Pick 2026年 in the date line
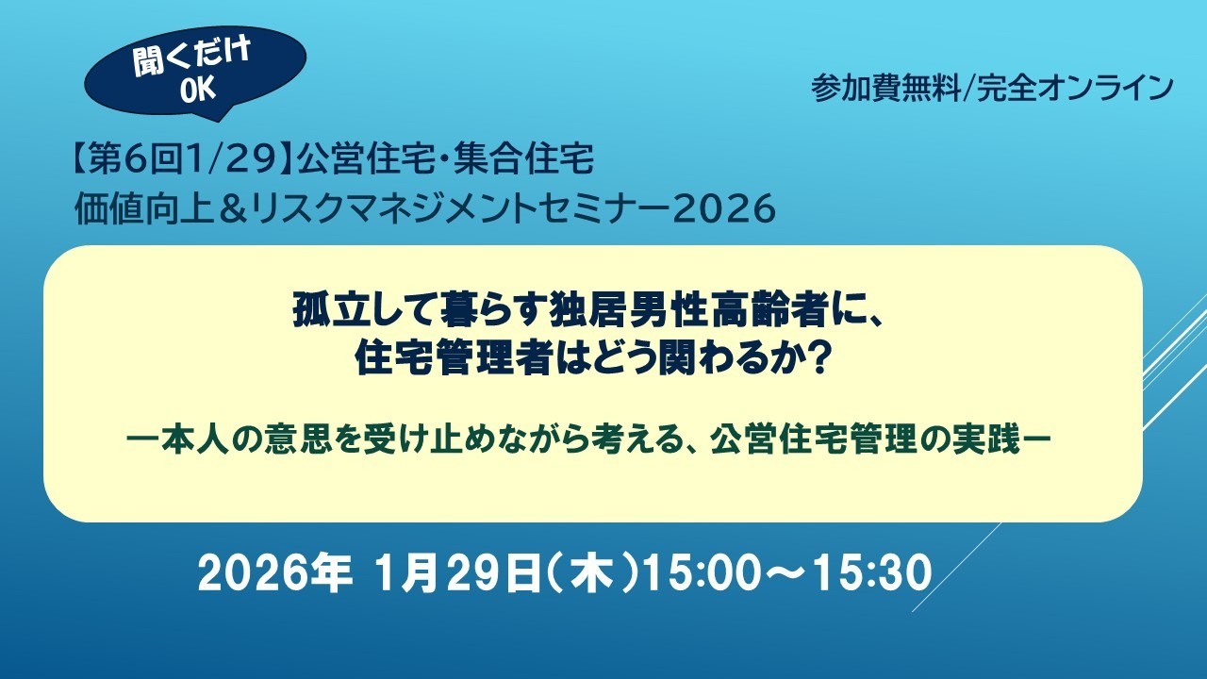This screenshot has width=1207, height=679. click(x=274, y=574)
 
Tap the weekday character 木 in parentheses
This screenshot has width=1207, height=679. click(x=587, y=574)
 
